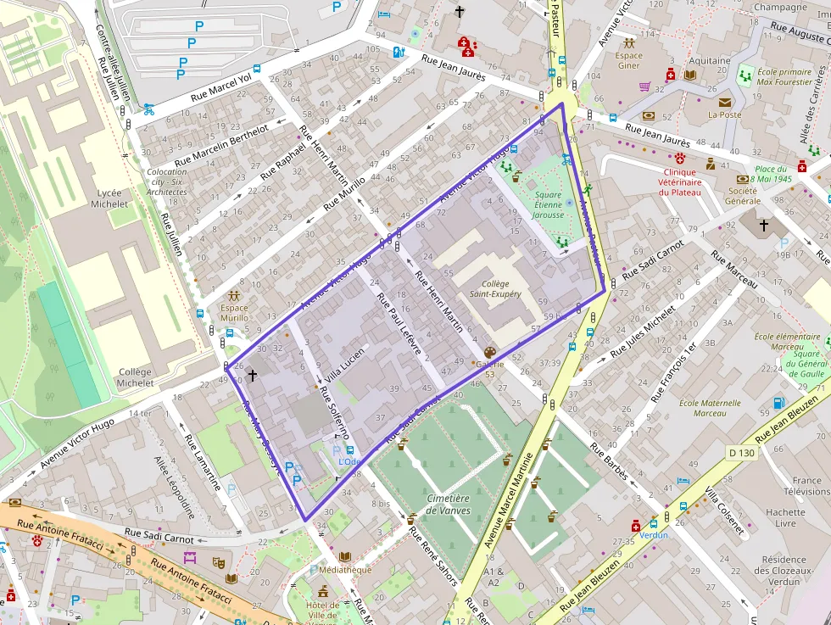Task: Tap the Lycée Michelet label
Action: [x=110, y=198]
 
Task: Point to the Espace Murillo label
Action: [x=234, y=313]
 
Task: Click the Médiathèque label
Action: [x=345, y=570]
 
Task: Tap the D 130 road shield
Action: [x=742, y=454]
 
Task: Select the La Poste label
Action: [x=724, y=114]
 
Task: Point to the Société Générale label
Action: [x=741, y=196]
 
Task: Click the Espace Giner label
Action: [x=628, y=60]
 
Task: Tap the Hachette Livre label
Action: [x=785, y=517]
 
